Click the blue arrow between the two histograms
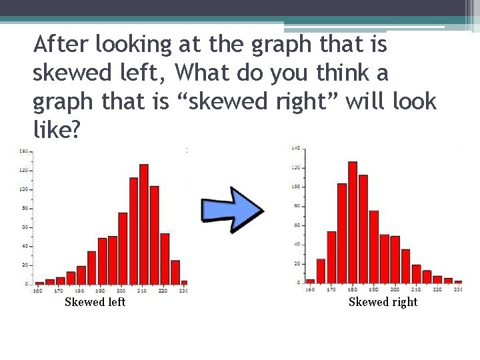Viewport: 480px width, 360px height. click(x=233, y=210)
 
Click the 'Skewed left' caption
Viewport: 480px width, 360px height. click(x=95, y=302)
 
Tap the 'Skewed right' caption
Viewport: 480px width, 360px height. click(x=383, y=302)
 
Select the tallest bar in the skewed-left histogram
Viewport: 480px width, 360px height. click(x=143, y=224)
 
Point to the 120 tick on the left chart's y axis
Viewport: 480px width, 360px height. click(x=23, y=170)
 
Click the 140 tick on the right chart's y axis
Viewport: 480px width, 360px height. click(x=295, y=147)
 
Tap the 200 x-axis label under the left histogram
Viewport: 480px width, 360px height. click(x=122, y=291)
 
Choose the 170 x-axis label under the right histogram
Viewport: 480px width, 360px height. click(x=331, y=290)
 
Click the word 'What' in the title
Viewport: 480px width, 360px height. click(x=205, y=73)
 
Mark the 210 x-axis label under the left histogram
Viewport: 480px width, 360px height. click(x=143, y=291)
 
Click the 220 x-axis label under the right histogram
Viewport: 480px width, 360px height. click(x=437, y=290)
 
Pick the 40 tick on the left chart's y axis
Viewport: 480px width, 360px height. click(x=25, y=246)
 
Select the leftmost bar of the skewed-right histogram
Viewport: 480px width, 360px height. click(x=310, y=281)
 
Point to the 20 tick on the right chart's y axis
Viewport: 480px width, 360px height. click(x=296, y=263)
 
